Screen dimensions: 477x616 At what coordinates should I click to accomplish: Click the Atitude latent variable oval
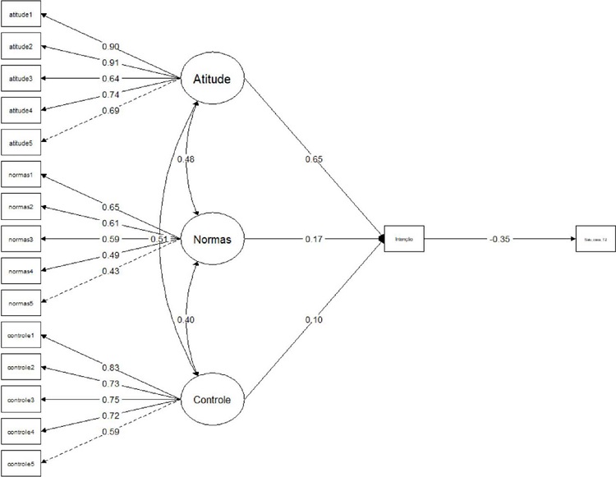213,80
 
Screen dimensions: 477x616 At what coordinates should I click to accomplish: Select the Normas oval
213,240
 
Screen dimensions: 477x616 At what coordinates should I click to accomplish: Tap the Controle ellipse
213,401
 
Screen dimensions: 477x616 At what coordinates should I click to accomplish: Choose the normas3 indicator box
20,239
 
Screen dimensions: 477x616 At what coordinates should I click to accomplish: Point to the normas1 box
20,175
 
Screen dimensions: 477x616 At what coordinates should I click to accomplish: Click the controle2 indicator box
20,368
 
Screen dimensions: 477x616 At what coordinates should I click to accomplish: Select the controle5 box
20,463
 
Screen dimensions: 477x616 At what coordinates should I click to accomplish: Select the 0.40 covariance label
186,319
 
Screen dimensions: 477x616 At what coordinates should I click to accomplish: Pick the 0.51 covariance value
159,239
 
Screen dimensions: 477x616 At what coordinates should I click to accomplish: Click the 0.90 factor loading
112,46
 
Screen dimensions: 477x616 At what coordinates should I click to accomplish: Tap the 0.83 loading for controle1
113,366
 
